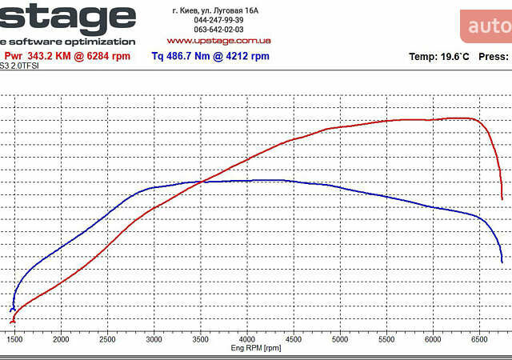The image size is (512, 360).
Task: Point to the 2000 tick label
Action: click(x=62, y=339)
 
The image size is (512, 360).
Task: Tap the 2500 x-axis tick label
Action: click(x=109, y=339)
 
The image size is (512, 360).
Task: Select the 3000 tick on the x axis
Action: click(x=155, y=339)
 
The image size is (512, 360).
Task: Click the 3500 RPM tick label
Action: click(x=202, y=339)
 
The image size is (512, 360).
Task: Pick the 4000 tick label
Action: click(x=248, y=339)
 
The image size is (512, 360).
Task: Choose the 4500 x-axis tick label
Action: click(x=294, y=339)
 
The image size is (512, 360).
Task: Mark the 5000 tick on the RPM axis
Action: click(x=341, y=339)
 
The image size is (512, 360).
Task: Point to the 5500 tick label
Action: click(x=387, y=339)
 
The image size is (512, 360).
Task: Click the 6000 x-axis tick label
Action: click(x=434, y=339)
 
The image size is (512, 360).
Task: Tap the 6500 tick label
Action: click(x=480, y=339)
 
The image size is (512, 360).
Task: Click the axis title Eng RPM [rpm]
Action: click(x=256, y=348)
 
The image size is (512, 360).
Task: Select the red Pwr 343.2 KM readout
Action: click(x=67, y=56)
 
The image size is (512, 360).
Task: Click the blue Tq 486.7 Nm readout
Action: click(x=210, y=56)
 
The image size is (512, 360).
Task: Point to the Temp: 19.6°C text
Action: click(x=439, y=57)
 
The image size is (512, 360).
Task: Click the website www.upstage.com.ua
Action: click(x=218, y=40)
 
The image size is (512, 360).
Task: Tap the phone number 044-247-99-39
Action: click(x=218, y=20)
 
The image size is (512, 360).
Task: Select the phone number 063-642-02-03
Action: click(x=218, y=30)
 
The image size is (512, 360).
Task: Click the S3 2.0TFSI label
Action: click(x=19, y=66)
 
